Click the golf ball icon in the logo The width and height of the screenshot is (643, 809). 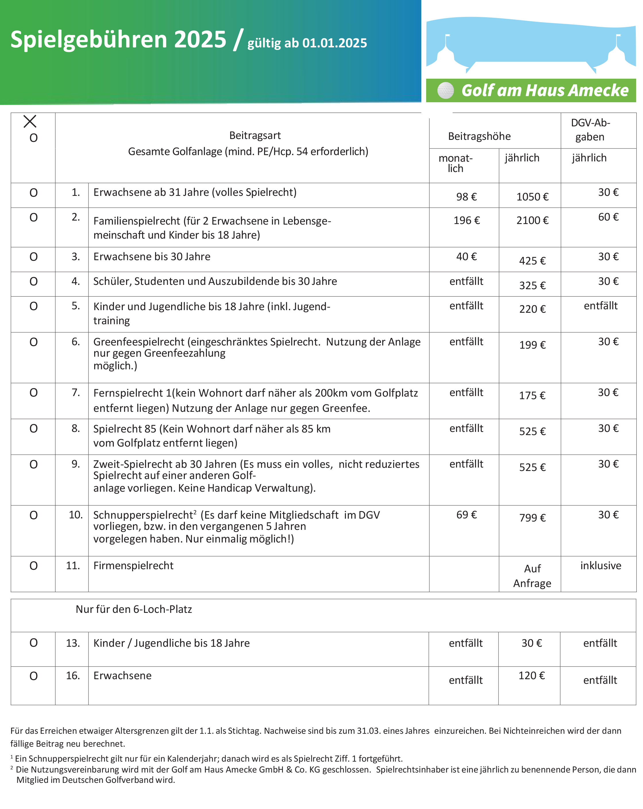point(445,90)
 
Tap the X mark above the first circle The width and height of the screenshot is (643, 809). point(30,121)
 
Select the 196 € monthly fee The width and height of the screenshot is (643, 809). point(466,220)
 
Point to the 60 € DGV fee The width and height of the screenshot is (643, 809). point(608,217)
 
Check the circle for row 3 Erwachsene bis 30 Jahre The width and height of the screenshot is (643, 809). point(33,257)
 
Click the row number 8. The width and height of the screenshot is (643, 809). point(76,428)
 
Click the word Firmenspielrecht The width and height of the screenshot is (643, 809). point(133,565)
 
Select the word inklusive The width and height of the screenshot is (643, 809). point(600,565)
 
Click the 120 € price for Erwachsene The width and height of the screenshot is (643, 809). point(531,675)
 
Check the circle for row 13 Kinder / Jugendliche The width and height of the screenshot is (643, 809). point(33,643)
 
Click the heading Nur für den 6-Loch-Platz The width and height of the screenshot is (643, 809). point(134,609)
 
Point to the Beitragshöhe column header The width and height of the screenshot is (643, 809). point(479,136)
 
